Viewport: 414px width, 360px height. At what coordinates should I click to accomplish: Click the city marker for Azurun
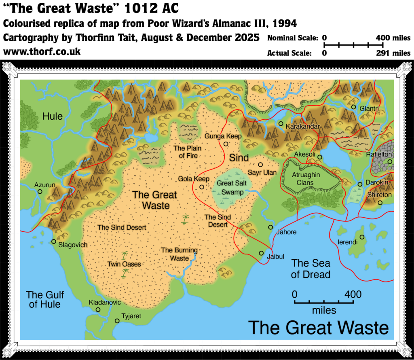click(40, 192)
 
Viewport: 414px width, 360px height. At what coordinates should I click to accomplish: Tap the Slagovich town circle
click(53, 241)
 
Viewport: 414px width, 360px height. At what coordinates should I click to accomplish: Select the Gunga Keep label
click(223, 136)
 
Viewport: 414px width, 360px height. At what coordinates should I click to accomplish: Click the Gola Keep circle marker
click(202, 187)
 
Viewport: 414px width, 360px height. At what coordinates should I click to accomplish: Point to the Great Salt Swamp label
click(230, 188)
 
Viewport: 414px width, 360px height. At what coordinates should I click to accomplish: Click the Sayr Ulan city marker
click(261, 165)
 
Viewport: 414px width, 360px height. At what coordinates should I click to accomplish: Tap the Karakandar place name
click(303, 127)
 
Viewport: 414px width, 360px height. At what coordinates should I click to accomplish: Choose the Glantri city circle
click(353, 107)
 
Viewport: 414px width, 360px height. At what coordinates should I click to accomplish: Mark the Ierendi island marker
click(362, 237)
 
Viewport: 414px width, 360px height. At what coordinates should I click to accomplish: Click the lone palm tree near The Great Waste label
click(186, 219)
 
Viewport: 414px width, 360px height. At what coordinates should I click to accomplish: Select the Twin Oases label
click(124, 264)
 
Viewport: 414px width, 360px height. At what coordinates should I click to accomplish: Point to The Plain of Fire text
click(187, 152)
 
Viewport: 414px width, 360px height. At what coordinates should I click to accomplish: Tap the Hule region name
click(53, 116)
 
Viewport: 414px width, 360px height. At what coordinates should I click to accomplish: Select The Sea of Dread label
click(310, 269)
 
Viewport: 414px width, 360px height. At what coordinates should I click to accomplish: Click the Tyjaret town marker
click(117, 321)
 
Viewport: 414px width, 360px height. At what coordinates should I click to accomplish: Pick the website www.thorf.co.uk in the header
click(42, 52)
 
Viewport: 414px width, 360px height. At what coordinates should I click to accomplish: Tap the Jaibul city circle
click(262, 253)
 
